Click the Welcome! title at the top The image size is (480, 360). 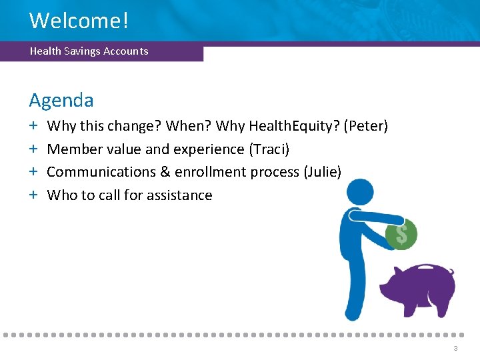pyautogui.click(x=79, y=20)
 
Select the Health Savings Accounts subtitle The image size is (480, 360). pyautogui.click(x=89, y=51)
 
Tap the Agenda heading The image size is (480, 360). pyautogui.click(x=61, y=101)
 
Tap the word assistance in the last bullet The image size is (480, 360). pyautogui.click(x=179, y=195)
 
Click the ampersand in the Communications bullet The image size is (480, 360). pyautogui.click(x=165, y=172)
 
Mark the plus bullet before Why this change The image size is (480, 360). pyautogui.click(x=33, y=126)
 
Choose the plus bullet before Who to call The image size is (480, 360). pyautogui.click(x=33, y=195)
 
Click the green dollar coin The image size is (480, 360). pyautogui.click(x=402, y=234)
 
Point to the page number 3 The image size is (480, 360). pyautogui.click(x=455, y=349)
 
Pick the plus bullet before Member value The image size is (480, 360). pyautogui.click(x=33, y=149)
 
